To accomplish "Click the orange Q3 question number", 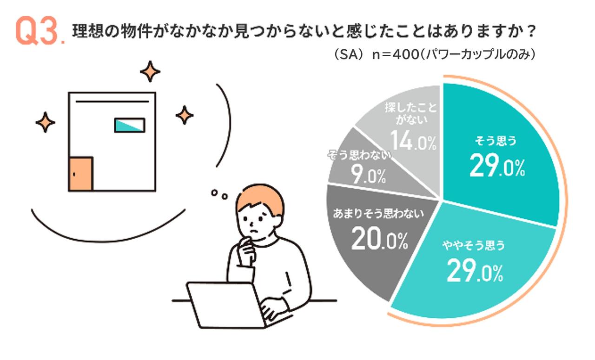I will pos(38,32).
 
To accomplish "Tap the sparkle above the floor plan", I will pos(150,72).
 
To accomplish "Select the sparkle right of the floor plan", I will pos(185,115).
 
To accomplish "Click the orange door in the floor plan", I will pos(80,174).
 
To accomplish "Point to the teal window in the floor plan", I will pos(130,125).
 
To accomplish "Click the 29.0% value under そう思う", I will pos(496,166).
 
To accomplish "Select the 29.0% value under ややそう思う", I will pos(475,271).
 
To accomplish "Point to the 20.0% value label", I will pos(379,239).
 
